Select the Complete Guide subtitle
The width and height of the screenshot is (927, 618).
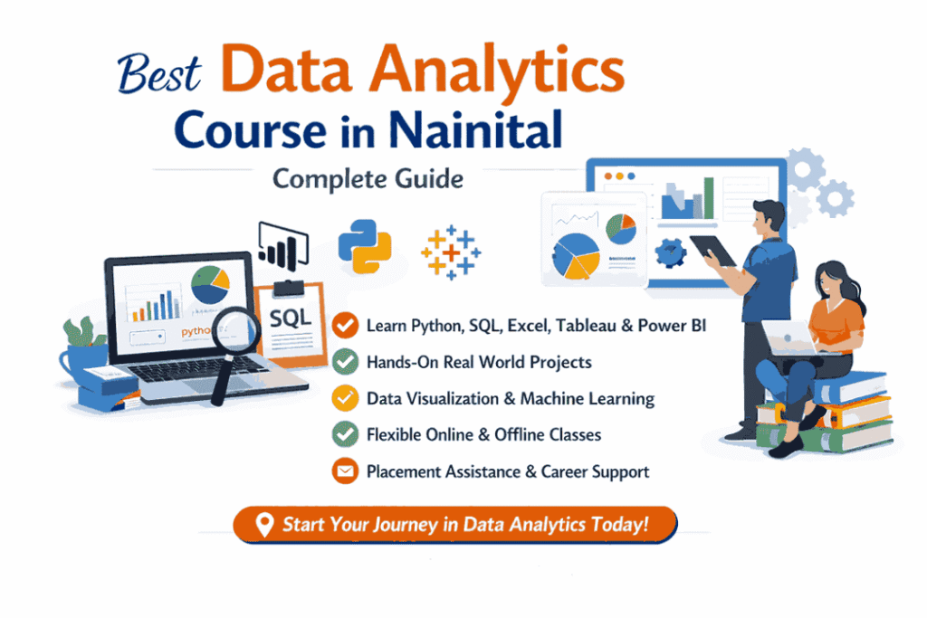click(x=368, y=178)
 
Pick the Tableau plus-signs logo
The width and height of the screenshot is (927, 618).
click(x=451, y=251)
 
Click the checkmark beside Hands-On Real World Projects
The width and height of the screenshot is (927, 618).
click(x=344, y=362)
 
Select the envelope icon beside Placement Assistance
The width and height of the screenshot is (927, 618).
click(x=344, y=471)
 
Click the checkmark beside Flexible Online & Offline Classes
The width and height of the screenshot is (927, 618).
click(x=344, y=435)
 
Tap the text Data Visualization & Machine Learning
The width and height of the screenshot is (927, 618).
click(x=510, y=398)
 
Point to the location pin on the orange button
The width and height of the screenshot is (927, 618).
click(x=264, y=525)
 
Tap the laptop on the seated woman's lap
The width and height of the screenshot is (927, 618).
click(x=786, y=336)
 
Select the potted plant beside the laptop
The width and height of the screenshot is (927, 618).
click(x=83, y=349)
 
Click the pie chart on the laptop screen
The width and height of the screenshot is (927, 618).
click(x=211, y=283)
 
